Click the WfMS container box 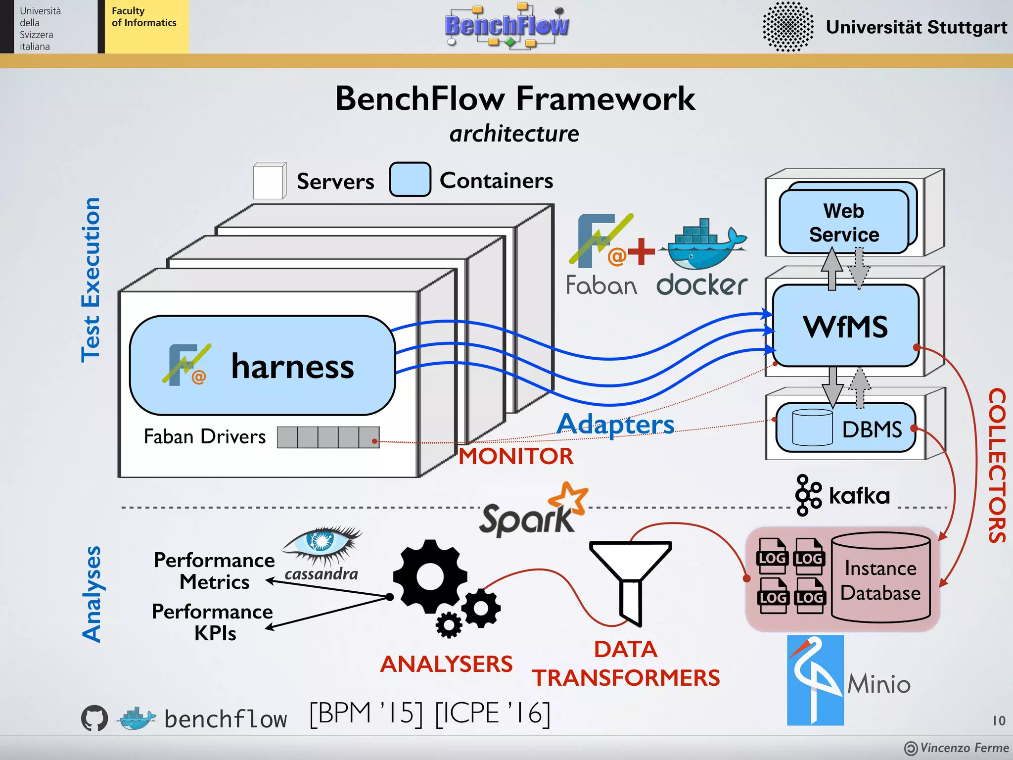845,326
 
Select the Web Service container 844,222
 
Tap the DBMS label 872,429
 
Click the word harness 292,367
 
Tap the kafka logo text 859,496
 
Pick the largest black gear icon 429,577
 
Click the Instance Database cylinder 880,577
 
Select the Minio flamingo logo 815,680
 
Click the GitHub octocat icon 94,718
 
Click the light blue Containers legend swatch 410,180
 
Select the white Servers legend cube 270,181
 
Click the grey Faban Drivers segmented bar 328,437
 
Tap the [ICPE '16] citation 492,713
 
